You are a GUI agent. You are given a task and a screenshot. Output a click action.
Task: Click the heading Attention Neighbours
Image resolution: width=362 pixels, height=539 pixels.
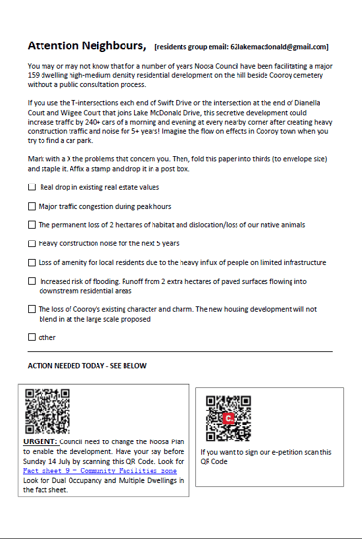[x=87, y=46]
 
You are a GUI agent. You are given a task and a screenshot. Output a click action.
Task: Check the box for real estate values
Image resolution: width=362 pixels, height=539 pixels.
[x=32, y=187]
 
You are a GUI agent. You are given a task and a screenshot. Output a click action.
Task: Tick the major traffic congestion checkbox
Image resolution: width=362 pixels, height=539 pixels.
[x=32, y=206]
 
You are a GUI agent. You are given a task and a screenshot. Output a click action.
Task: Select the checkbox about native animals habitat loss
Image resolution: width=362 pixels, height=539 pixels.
[x=32, y=224]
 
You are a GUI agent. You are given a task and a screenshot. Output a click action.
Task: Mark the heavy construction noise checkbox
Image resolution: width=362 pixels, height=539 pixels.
[x=32, y=243]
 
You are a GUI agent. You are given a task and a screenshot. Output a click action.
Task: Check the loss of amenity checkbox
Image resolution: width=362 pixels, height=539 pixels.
[x=32, y=262]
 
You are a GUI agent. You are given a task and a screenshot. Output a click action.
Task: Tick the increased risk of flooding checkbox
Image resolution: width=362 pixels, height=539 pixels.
[x=32, y=281]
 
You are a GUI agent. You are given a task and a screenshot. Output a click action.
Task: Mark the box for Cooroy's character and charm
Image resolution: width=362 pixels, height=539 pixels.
[x=32, y=309]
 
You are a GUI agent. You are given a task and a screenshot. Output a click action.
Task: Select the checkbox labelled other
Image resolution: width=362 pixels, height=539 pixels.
[x=32, y=337]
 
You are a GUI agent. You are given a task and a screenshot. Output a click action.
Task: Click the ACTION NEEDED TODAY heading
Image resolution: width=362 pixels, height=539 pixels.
[x=87, y=366]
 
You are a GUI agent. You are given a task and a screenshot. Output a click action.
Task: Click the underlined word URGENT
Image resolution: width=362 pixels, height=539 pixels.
[x=40, y=441]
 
